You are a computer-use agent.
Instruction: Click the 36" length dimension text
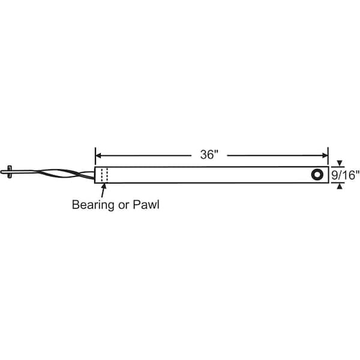tap(209, 155)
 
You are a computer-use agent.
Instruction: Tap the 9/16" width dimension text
tap(345, 175)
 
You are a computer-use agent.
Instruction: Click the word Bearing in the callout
tap(93, 205)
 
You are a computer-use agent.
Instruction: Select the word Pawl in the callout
tap(146, 205)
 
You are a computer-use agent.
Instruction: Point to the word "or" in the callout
tap(123, 206)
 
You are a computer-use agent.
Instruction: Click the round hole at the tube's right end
tap(317, 175)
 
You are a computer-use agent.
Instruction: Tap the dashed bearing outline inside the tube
tap(104, 175)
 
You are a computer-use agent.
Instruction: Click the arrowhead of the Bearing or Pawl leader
tap(104, 186)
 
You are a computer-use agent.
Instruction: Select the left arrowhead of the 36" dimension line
tap(98, 155)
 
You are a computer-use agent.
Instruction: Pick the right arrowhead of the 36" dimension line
tap(325, 155)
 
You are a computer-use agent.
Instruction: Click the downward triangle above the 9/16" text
tap(340, 163)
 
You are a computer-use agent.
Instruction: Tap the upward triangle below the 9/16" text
tap(340, 187)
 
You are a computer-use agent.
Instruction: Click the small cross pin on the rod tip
tap(10, 172)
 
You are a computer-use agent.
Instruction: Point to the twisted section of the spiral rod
tap(64, 174)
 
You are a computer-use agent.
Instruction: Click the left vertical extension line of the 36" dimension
tap(95, 157)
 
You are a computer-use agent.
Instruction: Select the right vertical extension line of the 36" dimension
tap(328, 157)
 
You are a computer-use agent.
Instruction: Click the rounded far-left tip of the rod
tap(2, 172)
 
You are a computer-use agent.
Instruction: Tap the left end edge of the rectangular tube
tap(95, 175)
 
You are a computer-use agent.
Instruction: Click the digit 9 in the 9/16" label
tap(334, 175)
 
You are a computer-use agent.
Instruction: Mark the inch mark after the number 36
tap(216, 152)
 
